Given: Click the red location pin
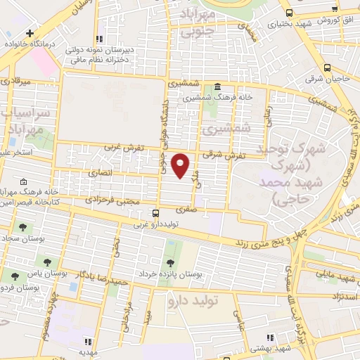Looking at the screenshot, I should click(181, 165).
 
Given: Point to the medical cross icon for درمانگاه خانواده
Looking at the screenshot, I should click(30, 33).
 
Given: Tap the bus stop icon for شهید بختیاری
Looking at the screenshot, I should click(289, 12).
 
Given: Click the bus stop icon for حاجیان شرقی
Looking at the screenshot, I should click(327, 68).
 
